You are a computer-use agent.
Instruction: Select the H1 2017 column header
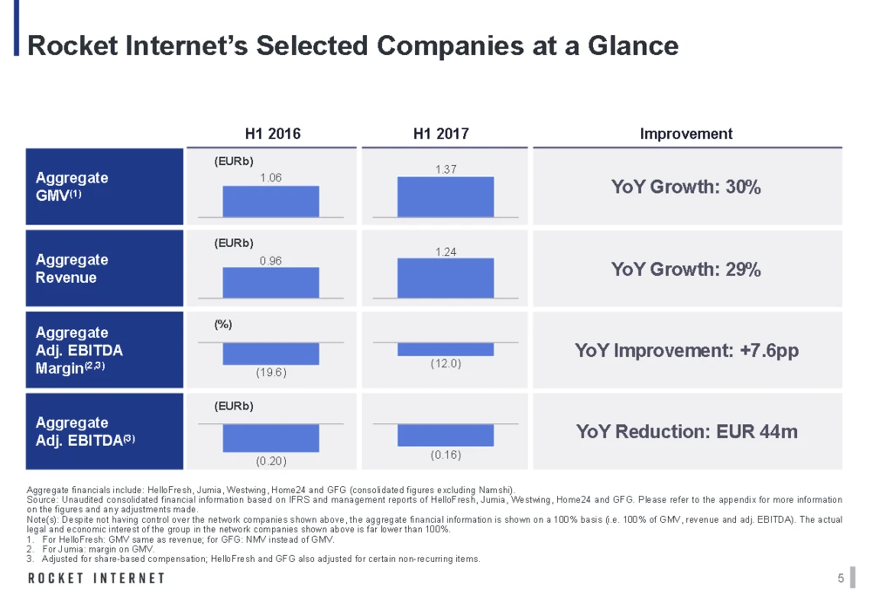441,134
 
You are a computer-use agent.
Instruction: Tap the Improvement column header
686,134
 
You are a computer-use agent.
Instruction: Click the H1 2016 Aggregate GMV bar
270,201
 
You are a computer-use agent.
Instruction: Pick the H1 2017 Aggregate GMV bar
445,196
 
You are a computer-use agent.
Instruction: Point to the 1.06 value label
271,178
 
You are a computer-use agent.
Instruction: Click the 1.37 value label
446,168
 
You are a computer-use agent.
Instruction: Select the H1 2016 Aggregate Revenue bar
270,283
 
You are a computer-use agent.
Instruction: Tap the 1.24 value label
446,251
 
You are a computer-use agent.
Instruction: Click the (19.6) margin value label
271,372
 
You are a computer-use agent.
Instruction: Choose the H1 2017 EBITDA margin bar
445,349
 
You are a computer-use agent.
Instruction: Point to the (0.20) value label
271,459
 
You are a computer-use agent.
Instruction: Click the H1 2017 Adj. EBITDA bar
445,435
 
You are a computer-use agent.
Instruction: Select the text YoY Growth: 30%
686,187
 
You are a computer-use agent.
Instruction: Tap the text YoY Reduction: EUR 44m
686,431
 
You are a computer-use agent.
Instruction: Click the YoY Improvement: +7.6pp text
686,351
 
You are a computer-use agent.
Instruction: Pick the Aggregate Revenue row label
72,269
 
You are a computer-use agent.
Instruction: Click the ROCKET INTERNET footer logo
96,578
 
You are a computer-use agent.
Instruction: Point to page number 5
840,578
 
